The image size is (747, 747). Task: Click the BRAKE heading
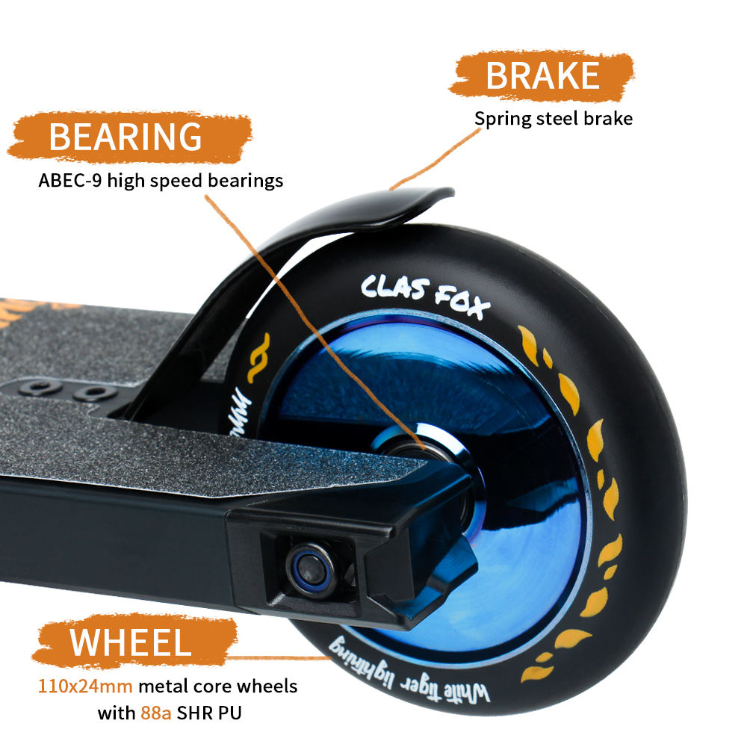542,75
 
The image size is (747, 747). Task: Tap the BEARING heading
125,137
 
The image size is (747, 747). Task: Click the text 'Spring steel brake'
554,118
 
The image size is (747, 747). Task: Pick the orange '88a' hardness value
156,713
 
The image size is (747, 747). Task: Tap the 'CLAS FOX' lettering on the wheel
425,294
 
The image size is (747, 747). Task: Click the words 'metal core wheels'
223,686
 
